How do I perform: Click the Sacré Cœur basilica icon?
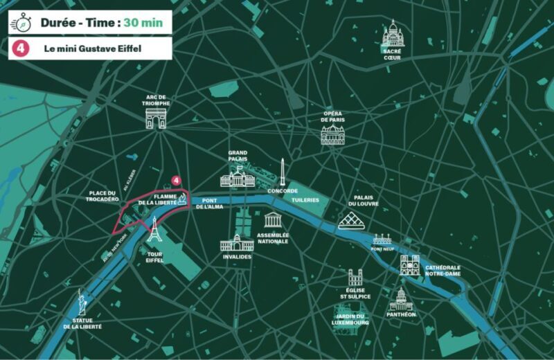click(x=393, y=33)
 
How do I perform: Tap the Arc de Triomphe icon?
click(x=156, y=118)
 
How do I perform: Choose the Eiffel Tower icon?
click(x=154, y=230)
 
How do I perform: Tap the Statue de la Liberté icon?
click(x=81, y=303)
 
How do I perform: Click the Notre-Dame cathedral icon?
click(x=409, y=264)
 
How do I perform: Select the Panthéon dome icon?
click(x=401, y=299)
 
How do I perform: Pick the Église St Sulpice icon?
click(x=355, y=278)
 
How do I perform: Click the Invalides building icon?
click(x=237, y=244)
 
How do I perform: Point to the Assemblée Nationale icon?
click(x=273, y=220)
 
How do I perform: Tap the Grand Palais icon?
click(x=238, y=179)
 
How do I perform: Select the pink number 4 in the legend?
click(x=21, y=48)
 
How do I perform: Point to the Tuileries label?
click(x=305, y=199)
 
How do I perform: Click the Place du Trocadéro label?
click(x=104, y=196)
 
